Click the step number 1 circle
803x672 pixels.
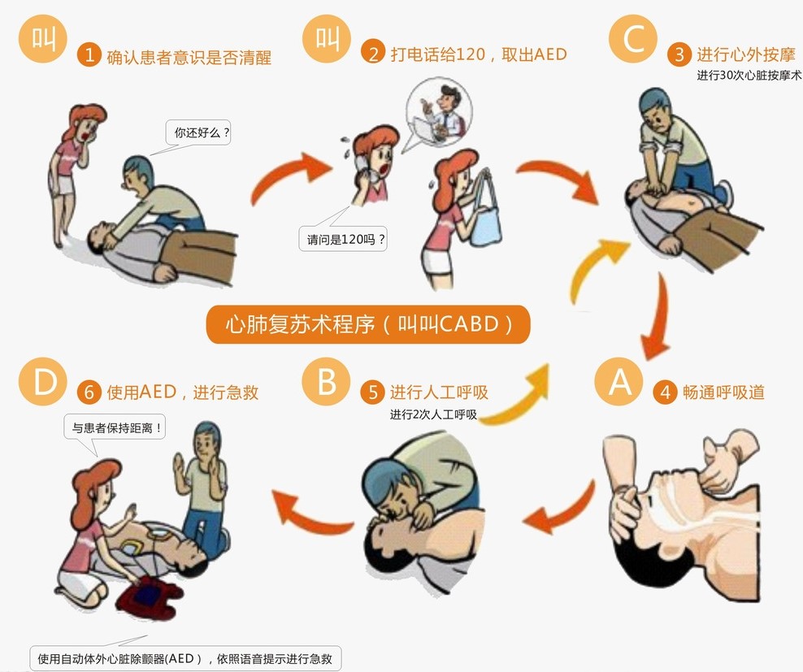(89, 56)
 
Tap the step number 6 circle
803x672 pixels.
(89, 392)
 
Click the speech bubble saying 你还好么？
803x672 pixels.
(197, 132)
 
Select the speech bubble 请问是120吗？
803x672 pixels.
(342, 239)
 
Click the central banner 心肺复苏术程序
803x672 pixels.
(367, 324)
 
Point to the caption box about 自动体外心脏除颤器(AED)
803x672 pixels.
(185, 657)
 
